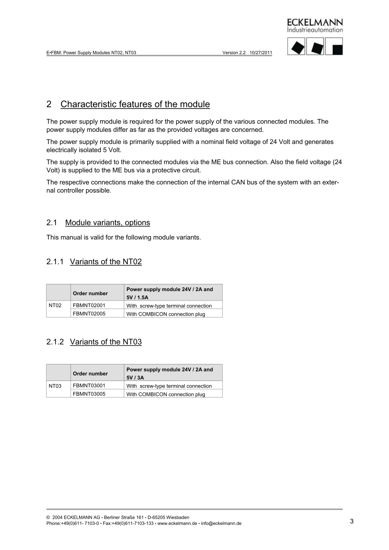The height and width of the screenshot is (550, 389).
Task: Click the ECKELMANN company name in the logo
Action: (315, 22)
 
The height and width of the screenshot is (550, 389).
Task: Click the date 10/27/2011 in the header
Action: (261, 52)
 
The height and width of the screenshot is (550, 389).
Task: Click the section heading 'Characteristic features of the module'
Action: (135, 104)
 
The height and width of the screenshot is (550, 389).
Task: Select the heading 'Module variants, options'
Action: (107, 223)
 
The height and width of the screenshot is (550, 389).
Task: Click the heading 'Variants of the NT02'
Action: (106, 262)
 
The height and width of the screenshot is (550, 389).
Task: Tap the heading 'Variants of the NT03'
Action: (106, 342)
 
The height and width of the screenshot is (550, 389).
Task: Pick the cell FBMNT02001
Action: (89, 305)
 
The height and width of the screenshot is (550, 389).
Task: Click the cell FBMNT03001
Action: (89, 385)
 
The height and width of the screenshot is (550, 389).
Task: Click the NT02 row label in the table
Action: (55, 305)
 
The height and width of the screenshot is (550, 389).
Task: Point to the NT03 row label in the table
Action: (55, 385)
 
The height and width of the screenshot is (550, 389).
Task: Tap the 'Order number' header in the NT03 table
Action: (90, 373)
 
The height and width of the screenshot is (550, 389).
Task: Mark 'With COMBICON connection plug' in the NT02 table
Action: (165, 314)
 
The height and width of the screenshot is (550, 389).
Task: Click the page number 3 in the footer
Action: (351, 521)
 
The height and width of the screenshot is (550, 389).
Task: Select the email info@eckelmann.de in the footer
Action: (221, 523)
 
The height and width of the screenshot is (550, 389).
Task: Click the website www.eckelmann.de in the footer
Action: (178, 523)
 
